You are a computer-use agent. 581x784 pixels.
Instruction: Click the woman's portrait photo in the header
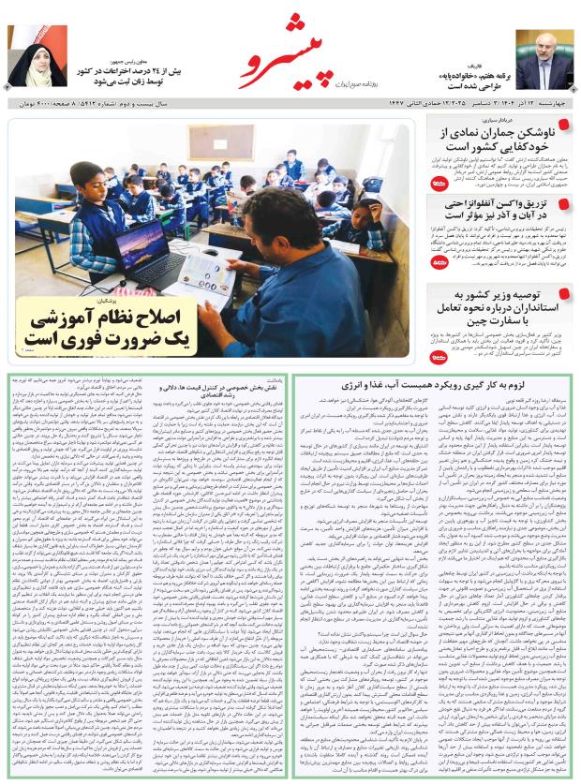coord(33,57)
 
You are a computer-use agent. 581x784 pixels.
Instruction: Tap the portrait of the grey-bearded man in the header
coord(544,57)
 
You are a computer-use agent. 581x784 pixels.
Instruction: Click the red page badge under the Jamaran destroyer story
coord(437,185)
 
